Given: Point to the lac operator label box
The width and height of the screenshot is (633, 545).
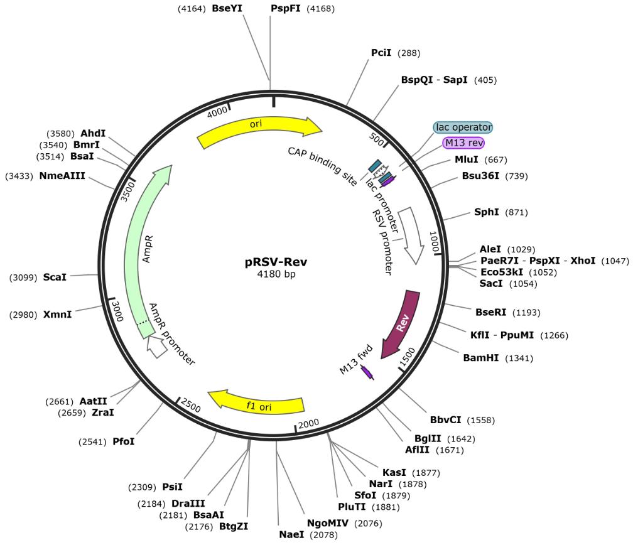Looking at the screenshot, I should [x=463, y=127].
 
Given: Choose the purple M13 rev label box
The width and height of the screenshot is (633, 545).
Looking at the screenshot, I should [x=463, y=143].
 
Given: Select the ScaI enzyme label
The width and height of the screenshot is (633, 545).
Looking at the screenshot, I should [x=55, y=277].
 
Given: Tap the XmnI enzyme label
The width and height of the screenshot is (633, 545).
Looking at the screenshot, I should [x=57, y=314].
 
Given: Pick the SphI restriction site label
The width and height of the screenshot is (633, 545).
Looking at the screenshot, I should [x=487, y=212].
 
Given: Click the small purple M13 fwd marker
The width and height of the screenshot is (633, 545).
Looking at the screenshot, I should [x=367, y=372].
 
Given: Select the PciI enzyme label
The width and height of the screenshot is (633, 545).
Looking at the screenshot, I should [x=381, y=53].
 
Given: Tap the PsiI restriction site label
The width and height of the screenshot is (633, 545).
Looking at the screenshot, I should [x=173, y=486].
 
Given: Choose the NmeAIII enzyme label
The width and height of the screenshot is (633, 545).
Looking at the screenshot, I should [x=62, y=176].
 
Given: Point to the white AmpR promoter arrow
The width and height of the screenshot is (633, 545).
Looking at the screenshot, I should [x=156, y=346].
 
